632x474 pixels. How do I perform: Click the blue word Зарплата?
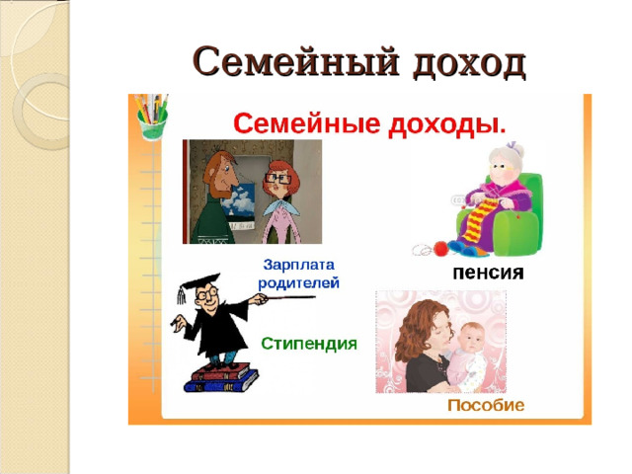(x=299, y=265)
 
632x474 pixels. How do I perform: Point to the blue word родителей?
(x=299, y=282)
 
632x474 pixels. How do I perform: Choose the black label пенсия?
(x=488, y=272)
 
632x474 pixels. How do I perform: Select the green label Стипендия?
(x=309, y=344)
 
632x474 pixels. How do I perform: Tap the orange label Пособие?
(x=486, y=406)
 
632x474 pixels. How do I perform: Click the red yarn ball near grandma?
(x=431, y=249)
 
